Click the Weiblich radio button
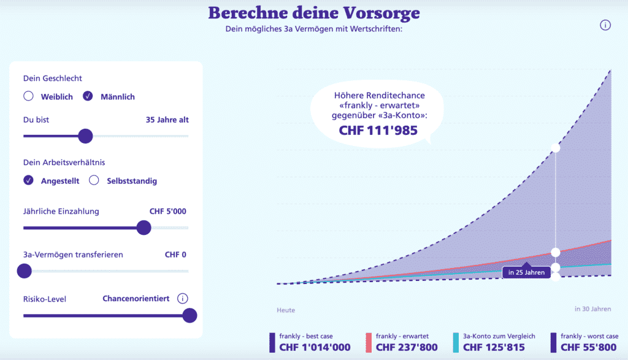28,96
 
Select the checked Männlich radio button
88,96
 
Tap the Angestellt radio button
28,180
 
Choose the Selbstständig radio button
94,180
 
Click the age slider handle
85,136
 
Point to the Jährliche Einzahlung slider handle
144,228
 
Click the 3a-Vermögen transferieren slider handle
25,270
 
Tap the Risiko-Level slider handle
190,315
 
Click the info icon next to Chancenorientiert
182,299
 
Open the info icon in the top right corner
605,25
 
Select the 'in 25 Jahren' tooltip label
526,272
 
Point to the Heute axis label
286,310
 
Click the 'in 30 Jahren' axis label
592,309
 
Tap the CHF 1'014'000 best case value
315,348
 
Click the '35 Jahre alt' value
167,120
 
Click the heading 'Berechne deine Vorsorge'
314,13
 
